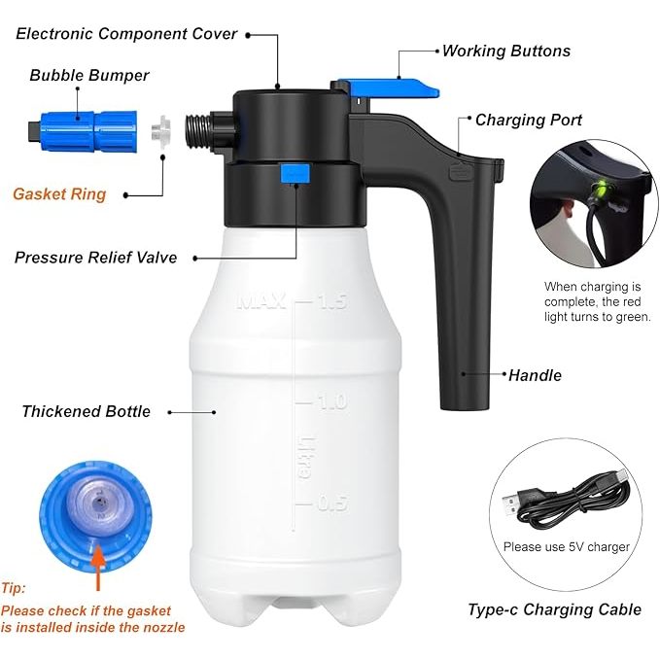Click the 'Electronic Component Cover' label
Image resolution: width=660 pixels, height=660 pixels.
[126, 34]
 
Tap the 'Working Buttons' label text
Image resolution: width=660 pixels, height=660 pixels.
[506, 51]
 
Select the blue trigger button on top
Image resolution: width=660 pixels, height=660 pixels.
[387, 87]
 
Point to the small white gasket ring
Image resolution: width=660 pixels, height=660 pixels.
[161, 129]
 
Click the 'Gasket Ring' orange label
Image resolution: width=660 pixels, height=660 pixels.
[59, 194]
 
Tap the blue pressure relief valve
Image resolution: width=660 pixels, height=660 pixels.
[295, 173]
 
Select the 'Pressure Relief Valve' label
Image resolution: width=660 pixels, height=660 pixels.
[96, 258]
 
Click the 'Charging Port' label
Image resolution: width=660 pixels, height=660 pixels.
[529, 120]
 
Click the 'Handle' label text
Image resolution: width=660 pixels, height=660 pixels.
[535, 375]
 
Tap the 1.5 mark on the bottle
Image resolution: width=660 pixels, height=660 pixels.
[332, 301]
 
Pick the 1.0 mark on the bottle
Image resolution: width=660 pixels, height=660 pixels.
[332, 402]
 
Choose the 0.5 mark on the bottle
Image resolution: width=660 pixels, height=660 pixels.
[333, 503]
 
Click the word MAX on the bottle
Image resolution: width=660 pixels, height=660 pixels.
[261, 301]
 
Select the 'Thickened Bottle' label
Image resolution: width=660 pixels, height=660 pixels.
[87, 411]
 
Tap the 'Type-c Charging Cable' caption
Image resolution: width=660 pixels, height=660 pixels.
[555, 609]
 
